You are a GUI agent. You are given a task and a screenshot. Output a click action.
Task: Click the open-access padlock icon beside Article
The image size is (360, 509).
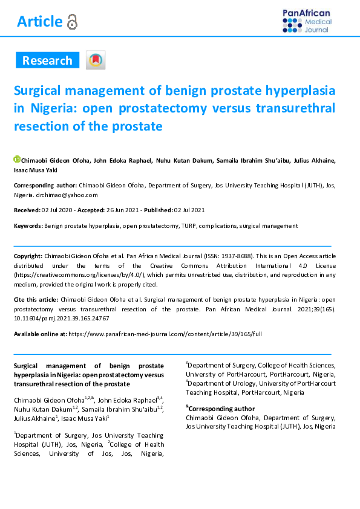72,22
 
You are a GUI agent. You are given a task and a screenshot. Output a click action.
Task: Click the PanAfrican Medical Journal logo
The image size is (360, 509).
307,21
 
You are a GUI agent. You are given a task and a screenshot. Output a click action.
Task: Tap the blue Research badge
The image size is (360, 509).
47,60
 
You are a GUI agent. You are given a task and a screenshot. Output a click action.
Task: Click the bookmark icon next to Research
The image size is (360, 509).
96,60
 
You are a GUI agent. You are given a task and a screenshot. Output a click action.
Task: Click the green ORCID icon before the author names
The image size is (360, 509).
17,160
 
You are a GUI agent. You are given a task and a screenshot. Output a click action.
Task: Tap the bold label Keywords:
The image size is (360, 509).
28,225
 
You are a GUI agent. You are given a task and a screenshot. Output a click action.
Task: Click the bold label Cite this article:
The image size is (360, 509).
36,299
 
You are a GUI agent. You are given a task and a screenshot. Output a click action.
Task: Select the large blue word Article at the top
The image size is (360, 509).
40,22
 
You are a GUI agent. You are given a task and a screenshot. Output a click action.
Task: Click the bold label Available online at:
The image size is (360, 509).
40,333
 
